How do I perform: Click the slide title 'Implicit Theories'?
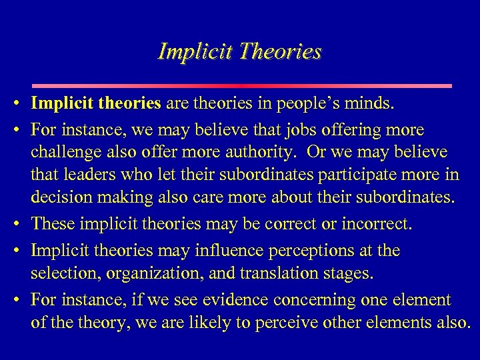[x=240, y=51]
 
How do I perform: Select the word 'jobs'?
[x=275, y=129]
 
